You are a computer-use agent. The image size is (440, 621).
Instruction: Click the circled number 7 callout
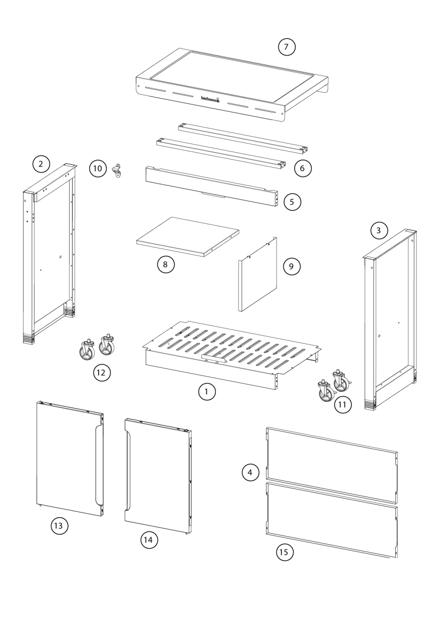[x=287, y=47]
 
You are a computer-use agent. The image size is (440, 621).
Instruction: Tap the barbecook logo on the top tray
[x=210, y=98]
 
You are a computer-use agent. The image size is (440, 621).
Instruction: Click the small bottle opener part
[x=116, y=170]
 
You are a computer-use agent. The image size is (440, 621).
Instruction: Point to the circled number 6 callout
[x=302, y=169]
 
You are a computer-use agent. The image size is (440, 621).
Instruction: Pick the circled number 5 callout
[x=292, y=202]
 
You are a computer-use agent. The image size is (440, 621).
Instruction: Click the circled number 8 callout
[x=166, y=265]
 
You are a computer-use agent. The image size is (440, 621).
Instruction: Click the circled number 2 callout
[x=41, y=164]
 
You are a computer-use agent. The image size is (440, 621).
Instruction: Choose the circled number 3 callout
[x=379, y=231]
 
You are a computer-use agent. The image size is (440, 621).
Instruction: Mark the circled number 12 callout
[x=102, y=373]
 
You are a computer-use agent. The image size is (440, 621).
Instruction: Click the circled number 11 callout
[x=342, y=404]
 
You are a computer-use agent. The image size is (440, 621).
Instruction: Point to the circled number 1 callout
[x=207, y=392]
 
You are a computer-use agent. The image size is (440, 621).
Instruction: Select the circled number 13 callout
[x=59, y=526]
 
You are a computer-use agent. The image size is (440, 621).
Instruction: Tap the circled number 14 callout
[x=149, y=540]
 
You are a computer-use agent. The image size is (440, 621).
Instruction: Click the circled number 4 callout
[x=250, y=473]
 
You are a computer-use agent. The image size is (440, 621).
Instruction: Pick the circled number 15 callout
[x=284, y=553]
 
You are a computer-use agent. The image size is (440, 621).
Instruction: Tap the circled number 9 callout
[x=291, y=267]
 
